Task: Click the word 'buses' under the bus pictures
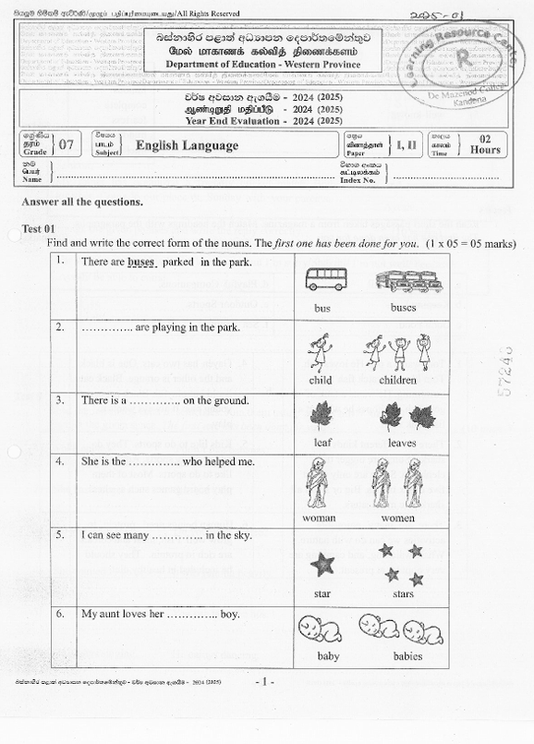click(403, 308)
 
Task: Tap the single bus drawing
click(326, 278)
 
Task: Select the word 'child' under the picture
click(322, 380)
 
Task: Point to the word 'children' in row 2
click(397, 380)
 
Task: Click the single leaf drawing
click(322, 415)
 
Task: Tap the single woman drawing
click(321, 483)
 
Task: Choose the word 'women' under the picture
click(397, 518)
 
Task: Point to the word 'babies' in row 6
click(407, 656)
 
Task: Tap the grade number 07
click(67, 145)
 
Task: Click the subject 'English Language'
click(187, 146)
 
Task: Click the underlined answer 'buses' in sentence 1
click(141, 262)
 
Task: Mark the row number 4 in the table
click(59, 459)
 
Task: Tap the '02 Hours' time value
click(485, 144)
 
